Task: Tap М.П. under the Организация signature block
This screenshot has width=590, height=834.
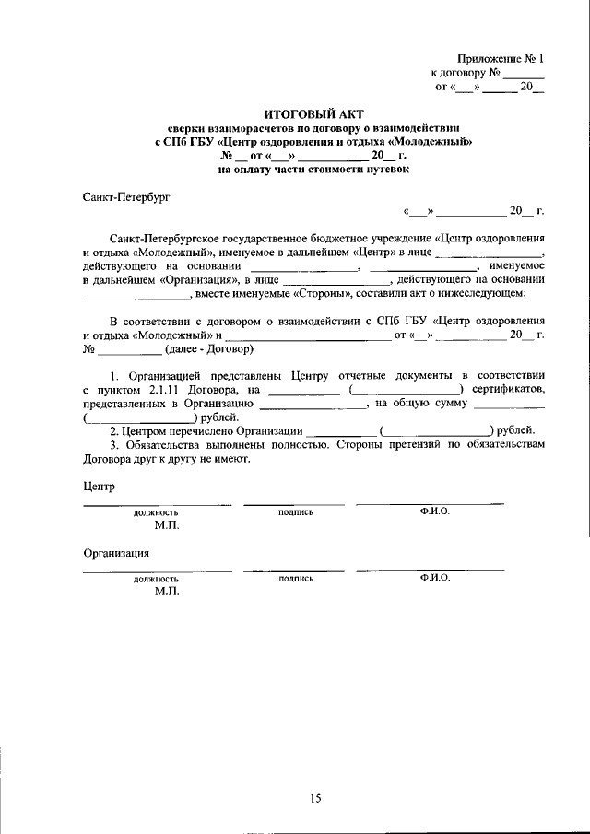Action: (167, 593)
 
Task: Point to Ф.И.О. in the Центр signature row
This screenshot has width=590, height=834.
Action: (433, 511)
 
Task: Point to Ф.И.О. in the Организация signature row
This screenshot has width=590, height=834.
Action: (433, 578)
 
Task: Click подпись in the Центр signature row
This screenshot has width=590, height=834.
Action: (295, 511)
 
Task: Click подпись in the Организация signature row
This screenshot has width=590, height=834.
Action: (295, 579)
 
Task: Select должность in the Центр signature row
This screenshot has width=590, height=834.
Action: (156, 511)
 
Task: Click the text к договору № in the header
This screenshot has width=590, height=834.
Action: (466, 72)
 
